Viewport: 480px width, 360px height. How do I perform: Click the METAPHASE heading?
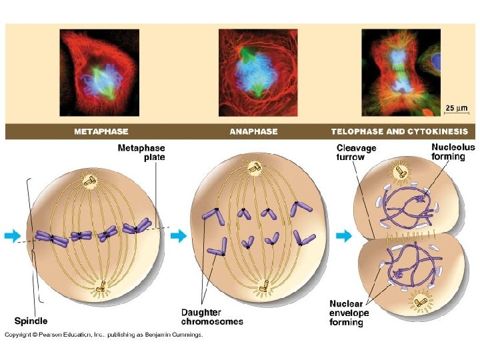coord(101,131)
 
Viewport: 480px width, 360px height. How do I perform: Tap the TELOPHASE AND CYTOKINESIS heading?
coord(399,131)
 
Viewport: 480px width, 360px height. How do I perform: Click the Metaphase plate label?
coord(141,153)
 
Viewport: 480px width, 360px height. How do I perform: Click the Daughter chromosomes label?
coord(212,317)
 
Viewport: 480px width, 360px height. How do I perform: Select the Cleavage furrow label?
coord(356,153)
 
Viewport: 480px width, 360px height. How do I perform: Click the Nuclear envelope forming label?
coord(347,313)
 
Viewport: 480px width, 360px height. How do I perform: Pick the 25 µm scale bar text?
coord(456,107)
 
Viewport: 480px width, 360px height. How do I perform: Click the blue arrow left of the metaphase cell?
coord(12,235)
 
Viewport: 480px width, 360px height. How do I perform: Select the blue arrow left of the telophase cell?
coord(344,235)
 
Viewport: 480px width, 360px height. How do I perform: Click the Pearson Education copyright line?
coord(104,335)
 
